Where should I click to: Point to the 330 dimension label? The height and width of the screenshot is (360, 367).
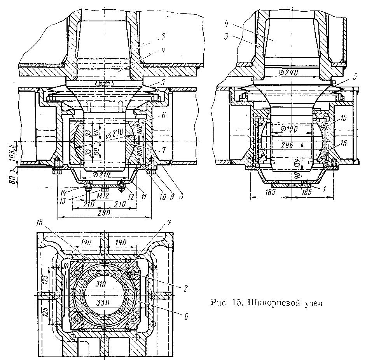(x=102, y=302)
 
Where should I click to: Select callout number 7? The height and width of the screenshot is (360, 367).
(x=166, y=149)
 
